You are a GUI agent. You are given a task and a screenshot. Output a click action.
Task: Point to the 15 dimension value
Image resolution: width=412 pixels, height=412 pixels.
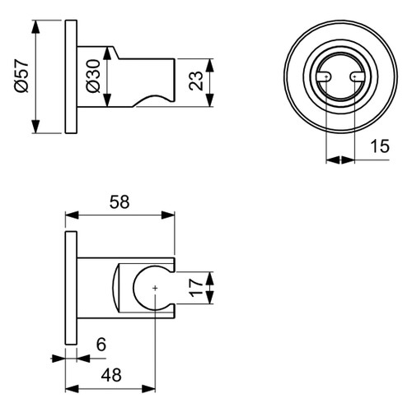[380, 147]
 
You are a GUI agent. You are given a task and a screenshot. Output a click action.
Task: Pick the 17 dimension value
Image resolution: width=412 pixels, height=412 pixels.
[195, 289]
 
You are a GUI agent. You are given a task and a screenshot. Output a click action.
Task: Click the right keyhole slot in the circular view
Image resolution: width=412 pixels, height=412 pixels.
[356, 77]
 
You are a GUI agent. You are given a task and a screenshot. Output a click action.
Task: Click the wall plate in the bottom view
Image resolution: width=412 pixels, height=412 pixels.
[71, 289]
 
